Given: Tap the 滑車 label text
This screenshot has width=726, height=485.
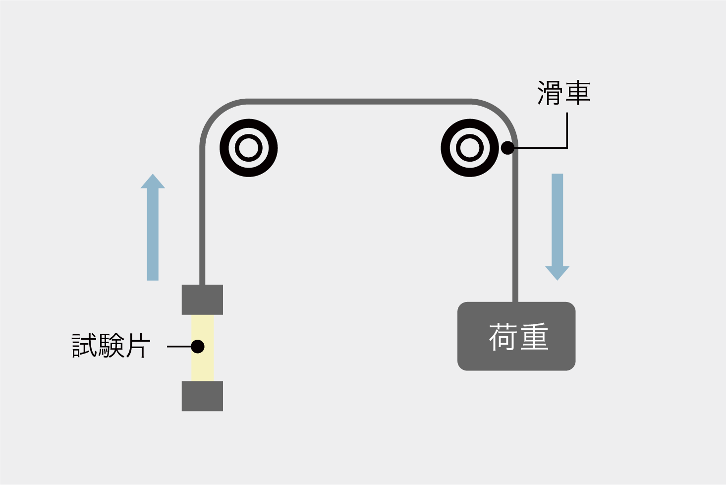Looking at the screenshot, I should coord(563,93).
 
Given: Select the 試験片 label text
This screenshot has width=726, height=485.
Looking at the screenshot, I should coord(111,346).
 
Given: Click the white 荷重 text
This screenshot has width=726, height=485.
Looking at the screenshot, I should coord(518,337).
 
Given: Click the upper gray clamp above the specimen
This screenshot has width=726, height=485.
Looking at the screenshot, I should coord(202,300).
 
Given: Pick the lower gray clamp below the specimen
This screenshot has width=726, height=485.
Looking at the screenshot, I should coord(202,396).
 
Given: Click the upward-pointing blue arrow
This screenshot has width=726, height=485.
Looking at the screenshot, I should coord(153,233).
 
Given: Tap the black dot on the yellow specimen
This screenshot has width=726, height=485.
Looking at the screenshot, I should coord(198,346).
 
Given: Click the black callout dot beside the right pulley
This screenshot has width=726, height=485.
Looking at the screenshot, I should coord(507,148).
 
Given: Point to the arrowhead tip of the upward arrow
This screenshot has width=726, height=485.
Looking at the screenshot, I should coord(153,175).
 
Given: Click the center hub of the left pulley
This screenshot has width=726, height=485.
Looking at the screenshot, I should coord(248,148).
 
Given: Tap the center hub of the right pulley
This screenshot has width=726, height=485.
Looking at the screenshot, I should coord(469,148).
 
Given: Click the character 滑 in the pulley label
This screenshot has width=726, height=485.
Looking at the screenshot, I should coord(550,93).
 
